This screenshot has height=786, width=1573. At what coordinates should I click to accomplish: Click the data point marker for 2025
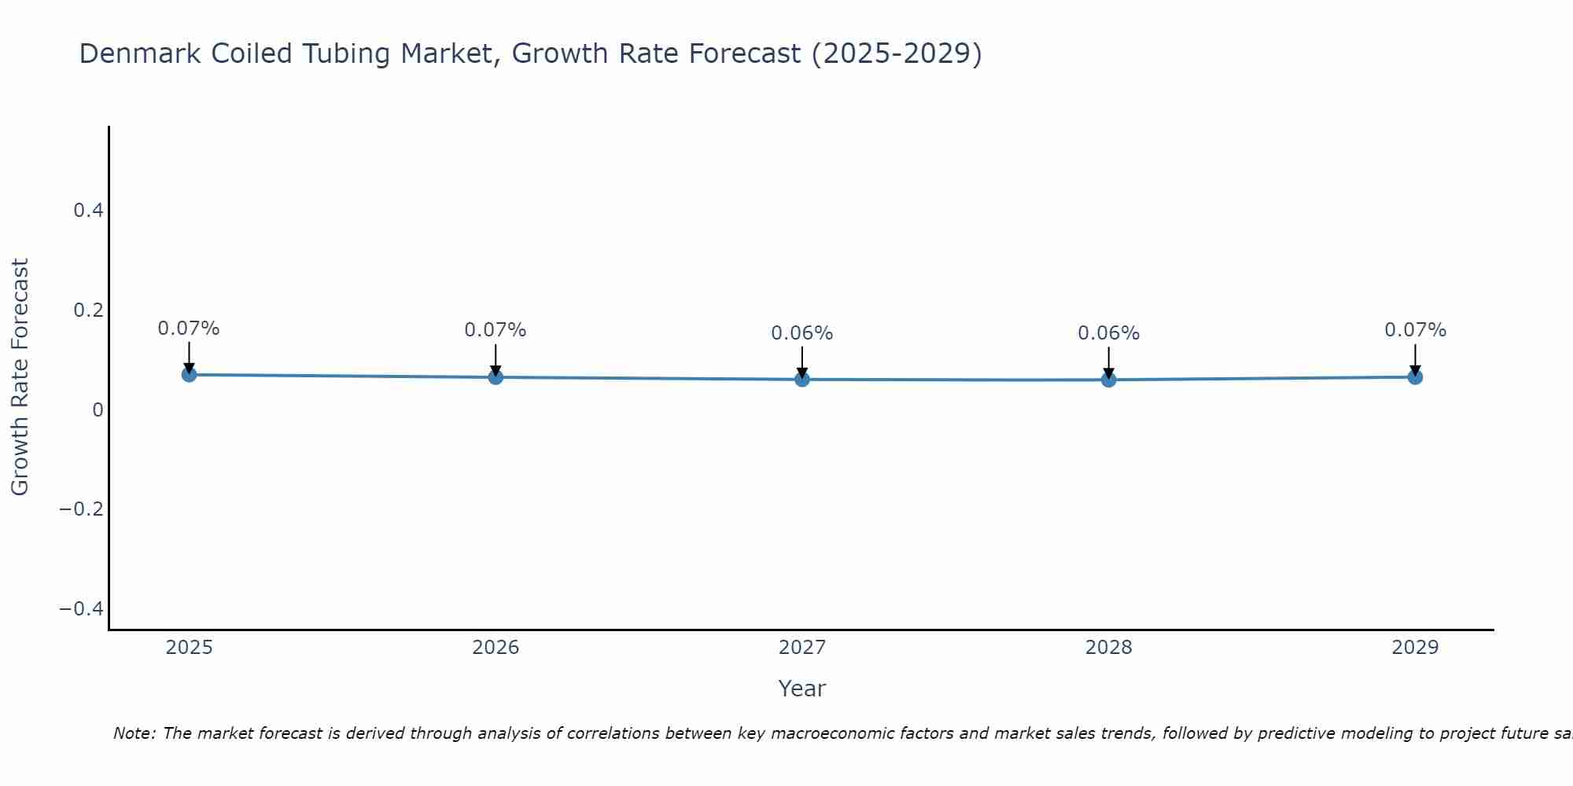coord(189,375)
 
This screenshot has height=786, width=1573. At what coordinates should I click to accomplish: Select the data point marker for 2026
coord(495,377)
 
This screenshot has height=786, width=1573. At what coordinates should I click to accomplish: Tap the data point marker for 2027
coord(802,380)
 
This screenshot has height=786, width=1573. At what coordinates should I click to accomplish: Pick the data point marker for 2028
coord(1108,380)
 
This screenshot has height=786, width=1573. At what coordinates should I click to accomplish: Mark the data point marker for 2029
coord(1415,377)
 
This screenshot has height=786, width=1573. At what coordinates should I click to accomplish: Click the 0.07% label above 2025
coord(189,329)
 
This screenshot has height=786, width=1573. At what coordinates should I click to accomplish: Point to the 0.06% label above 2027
coord(801,333)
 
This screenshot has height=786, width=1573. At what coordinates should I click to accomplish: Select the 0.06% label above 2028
coord(1108,333)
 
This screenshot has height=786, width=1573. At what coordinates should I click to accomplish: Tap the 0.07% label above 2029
coord(1415,330)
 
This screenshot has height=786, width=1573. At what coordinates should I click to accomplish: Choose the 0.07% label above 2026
coord(495,330)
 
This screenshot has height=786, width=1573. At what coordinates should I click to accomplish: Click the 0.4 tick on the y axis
coord(88,211)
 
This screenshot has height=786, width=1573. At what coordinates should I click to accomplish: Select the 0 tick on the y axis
coord(98,410)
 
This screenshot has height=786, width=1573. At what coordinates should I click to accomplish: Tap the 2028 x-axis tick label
coord(1108,648)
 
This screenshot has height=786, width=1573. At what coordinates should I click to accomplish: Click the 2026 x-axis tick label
coord(495,648)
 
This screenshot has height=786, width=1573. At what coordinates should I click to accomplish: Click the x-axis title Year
coord(801,689)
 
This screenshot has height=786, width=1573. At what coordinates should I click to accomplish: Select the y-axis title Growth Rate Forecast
coord(20,377)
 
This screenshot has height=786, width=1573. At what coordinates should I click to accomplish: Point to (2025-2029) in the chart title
coord(897,54)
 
